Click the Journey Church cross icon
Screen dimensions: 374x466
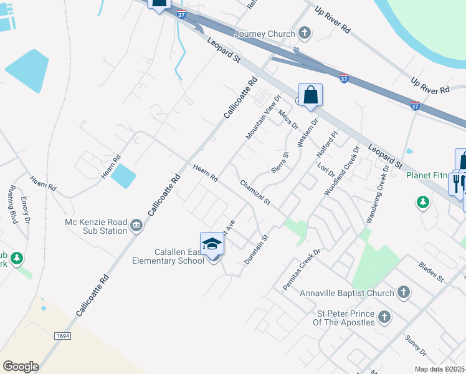point(305,33)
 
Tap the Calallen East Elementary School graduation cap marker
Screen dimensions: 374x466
point(212,243)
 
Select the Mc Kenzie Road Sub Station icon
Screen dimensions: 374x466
point(136,226)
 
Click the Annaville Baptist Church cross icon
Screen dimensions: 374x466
point(403,292)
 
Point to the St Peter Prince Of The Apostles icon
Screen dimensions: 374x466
point(384,317)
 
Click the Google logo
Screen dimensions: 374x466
point(21,366)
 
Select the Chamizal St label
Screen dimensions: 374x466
point(255,192)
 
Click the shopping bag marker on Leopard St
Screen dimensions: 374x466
point(310,95)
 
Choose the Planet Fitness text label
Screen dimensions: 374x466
point(426,175)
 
